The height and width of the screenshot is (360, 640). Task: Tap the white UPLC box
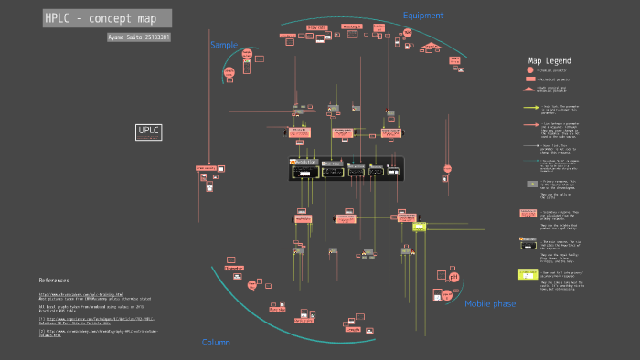[x=148, y=132]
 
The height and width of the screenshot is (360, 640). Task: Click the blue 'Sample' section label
[x=223, y=45]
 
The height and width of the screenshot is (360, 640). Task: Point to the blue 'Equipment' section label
[x=422, y=16]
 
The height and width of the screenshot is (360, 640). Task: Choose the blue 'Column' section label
[x=216, y=343]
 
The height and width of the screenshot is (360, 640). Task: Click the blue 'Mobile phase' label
[x=490, y=304]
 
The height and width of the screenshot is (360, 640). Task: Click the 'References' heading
[x=54, y=280]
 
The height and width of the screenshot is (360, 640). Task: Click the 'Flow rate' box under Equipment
[x=317, y=27]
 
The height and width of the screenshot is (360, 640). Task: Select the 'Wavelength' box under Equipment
[x=351, y=26]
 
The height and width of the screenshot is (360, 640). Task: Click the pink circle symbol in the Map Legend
[x=529, y=70]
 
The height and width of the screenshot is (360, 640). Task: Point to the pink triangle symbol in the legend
[x=529, y=90]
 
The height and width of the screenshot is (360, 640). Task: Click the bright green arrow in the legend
[x=529, y=108]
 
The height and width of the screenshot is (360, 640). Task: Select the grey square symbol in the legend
[x=530, y=184]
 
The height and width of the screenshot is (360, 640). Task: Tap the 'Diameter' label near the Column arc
[x=277, y=310]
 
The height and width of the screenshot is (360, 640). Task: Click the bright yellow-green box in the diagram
[x=420, y=226]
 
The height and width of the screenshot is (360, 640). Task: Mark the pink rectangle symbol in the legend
[x=529, y=80]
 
